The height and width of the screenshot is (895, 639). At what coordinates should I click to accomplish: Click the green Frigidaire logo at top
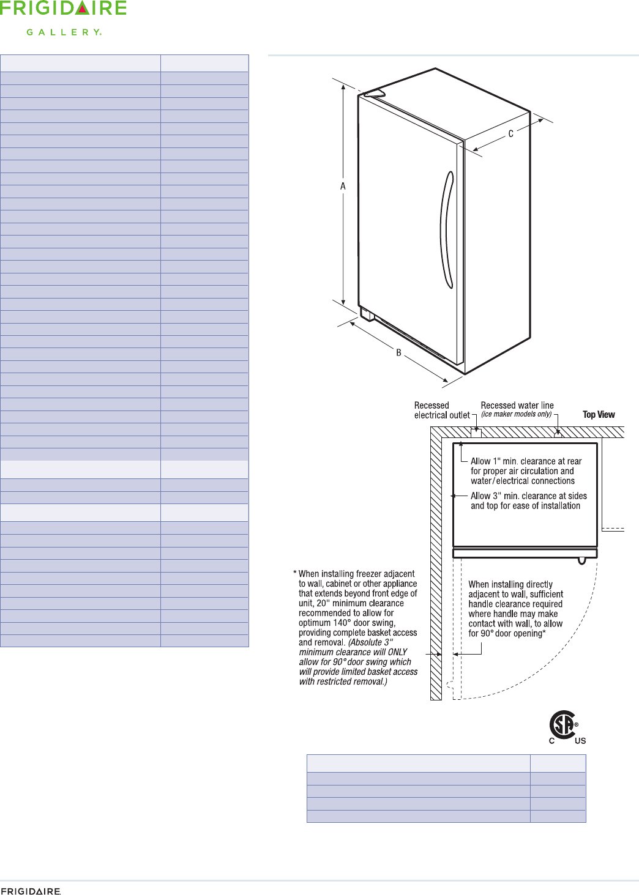coord(63,9)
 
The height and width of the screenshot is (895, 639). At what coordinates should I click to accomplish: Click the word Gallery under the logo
coord(64,32)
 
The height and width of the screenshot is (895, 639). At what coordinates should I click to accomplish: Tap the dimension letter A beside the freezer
coord(343,186)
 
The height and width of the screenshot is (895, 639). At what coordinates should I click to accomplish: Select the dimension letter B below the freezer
coord(398,353)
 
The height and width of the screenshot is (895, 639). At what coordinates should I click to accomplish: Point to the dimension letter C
coord(510,134)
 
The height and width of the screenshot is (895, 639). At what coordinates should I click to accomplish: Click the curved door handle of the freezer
coord(447,229)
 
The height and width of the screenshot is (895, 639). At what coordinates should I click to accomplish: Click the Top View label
coord(599,415)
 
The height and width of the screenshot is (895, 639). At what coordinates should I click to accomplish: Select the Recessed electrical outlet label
coord(441,410)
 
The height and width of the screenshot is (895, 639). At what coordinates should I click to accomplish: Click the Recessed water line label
coord(517,406)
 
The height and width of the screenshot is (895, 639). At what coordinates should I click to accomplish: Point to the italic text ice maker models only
coord(516,414)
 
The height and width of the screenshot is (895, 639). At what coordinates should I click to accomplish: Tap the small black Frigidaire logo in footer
coord(31,891)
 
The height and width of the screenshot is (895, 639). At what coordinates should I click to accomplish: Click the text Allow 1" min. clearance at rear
coord(526,461)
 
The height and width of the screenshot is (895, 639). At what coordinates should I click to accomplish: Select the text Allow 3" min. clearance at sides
coord(528,496)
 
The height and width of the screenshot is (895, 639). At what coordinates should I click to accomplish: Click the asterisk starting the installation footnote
coord(294,574)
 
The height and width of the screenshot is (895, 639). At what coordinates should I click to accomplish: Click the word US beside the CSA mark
coord(580,741)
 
